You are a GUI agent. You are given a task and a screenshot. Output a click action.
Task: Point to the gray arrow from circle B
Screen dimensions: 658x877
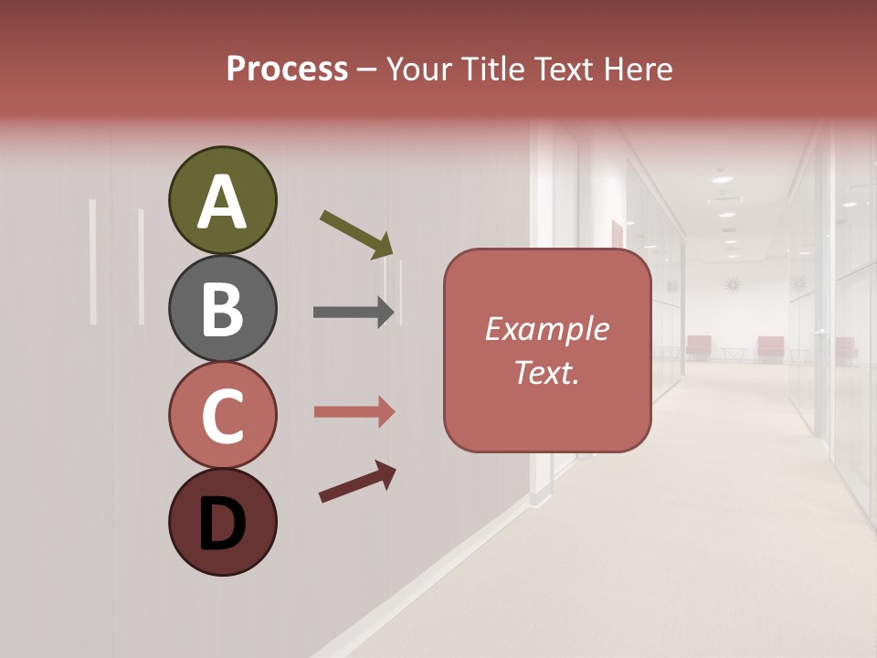(x=354, y=313)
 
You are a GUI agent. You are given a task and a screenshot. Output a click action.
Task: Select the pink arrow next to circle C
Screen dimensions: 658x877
(x=354, y=412)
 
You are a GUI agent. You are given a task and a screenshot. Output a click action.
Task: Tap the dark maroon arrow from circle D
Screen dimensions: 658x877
(x=357, y=482)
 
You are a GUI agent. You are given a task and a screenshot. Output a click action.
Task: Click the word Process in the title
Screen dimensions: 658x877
(x=287, y=69)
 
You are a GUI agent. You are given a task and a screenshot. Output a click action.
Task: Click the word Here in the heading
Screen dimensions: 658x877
(x=639, y=69)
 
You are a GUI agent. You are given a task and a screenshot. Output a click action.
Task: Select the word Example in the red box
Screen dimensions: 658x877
(x=546, y=329)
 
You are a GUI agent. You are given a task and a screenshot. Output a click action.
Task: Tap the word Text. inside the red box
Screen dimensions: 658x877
(x=546, y=373)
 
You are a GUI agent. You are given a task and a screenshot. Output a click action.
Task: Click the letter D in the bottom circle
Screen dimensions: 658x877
(x=222, y=525)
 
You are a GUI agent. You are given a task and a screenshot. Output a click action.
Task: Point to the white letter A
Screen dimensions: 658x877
(x=222, y=202)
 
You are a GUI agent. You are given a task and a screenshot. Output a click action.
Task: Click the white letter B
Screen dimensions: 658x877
(x=222, y=310)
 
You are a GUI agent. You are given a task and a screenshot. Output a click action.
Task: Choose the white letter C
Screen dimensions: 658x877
(x=222, y=417)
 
